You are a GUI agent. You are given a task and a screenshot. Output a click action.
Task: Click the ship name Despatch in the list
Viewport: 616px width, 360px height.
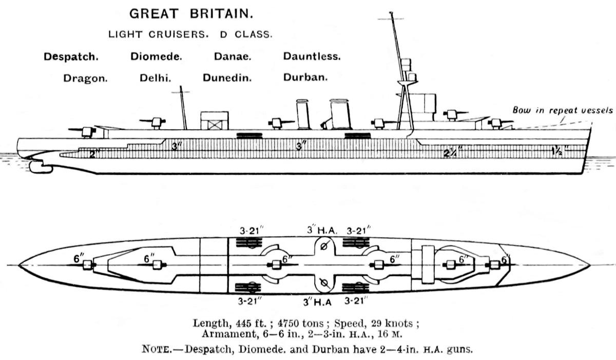[71, 56]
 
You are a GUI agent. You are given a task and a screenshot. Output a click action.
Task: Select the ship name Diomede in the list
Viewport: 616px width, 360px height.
[156, 56]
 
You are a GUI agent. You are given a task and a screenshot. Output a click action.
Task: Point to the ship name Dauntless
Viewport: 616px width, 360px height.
[312, 56]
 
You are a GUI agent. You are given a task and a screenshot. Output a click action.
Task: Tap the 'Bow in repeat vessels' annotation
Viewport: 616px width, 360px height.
[562, 110]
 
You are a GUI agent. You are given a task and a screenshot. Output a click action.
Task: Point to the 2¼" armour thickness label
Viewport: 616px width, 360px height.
[453, 151]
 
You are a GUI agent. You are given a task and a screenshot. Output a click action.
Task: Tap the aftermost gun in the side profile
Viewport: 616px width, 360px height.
[86, 130]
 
